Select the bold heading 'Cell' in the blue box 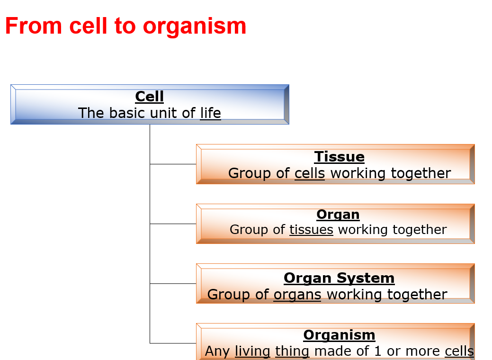pyautogui.click(x=149, y=96)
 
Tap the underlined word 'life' pyautogui.click(x=210, y=113)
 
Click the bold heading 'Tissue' pyautogui.click(x=339, y=157)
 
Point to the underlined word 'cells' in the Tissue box pyautogui.click(x=310, y=173)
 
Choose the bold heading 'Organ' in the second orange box pyautogui.click(x=338, y=215)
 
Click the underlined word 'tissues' pyautogui.click(x=311, y=230)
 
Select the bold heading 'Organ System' pyautogui.click(x=339, y=278)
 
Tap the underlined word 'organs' pyautogui.click(x=297, y=295)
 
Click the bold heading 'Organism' pyautogui.click(x=339, y=335)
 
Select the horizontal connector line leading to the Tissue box pyautogui.click(x=173, y=164)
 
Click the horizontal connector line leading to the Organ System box pyautogui.click(x=173, y=283)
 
